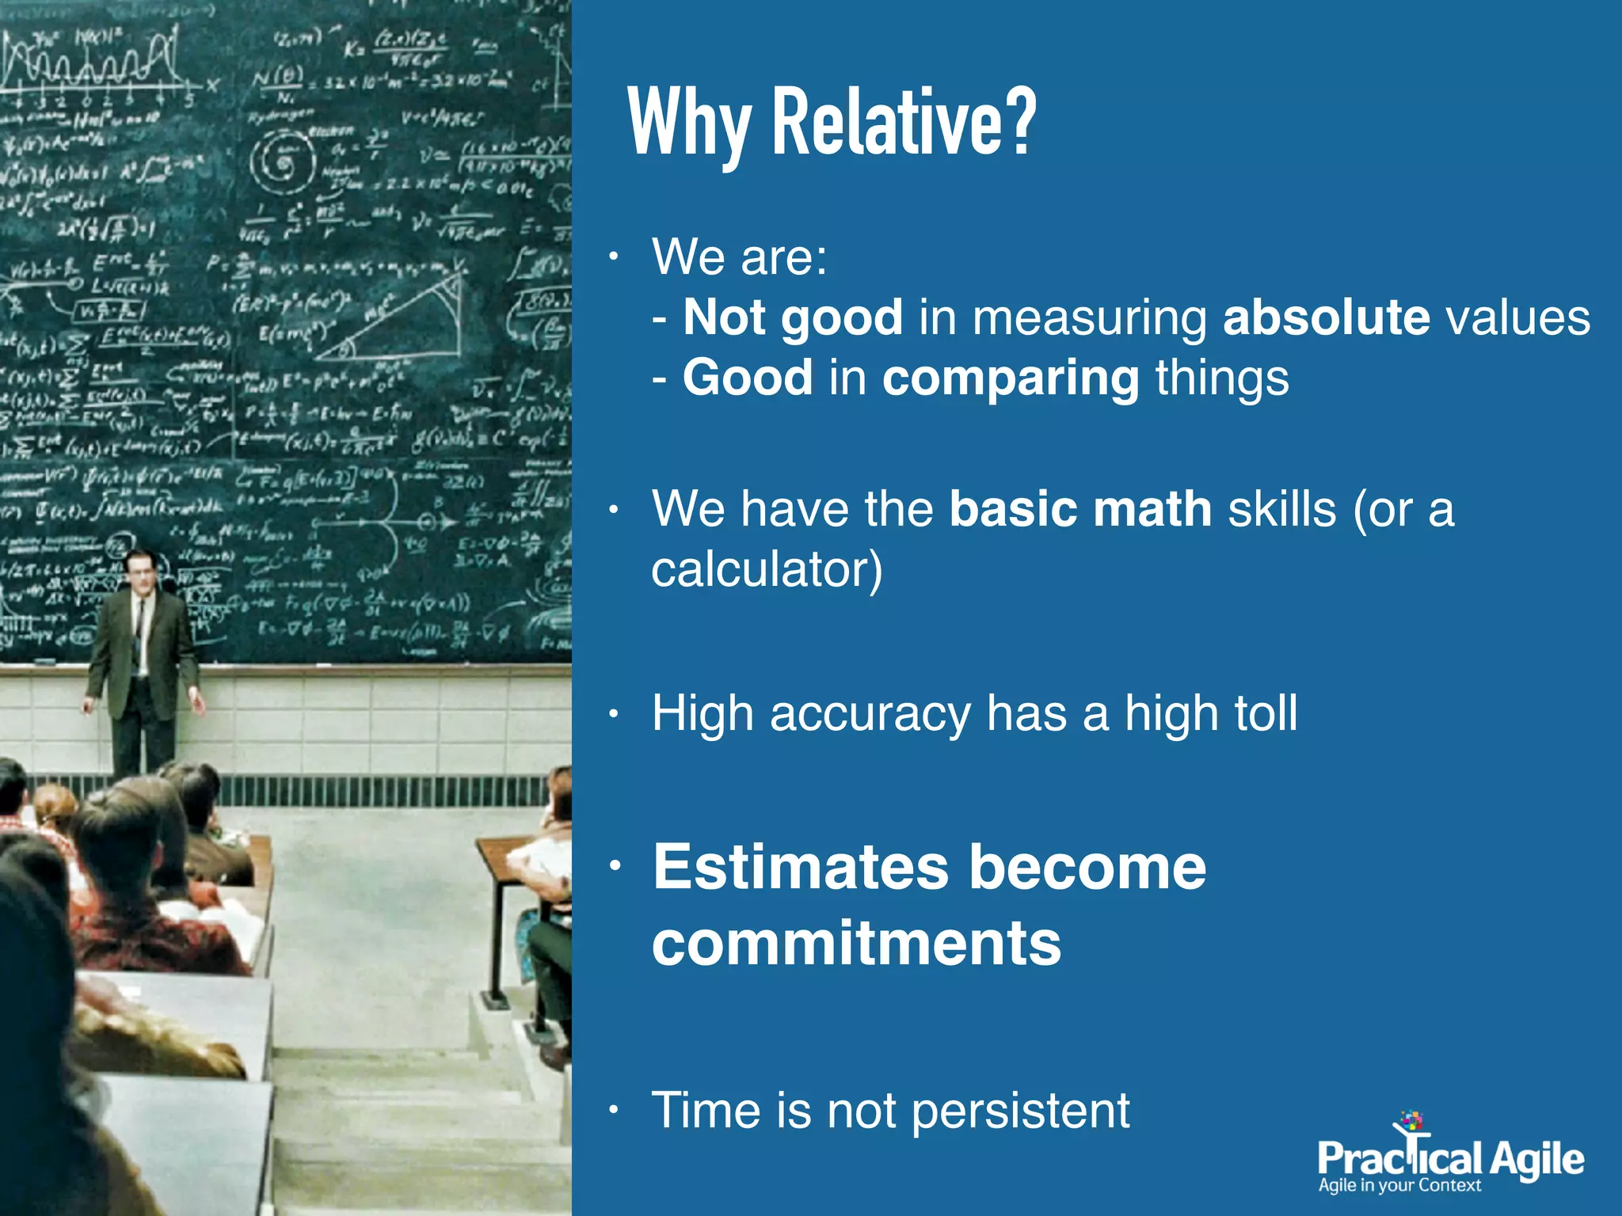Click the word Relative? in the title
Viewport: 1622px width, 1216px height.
tap(903, 123)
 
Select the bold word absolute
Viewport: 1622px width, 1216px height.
tap(1326, 317)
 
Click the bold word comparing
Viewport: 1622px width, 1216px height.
tap(1011, 378)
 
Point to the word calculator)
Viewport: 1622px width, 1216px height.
tap(767, 569)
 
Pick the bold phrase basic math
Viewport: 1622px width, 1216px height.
tap(1080, 508)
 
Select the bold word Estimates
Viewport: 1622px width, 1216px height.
tap(800, 868)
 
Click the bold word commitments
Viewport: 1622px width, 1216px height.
tap(856, 944)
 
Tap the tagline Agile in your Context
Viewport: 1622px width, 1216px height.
tap(1399, 1186)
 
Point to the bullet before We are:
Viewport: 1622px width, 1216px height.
tap(613, 257)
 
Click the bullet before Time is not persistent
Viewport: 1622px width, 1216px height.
tap(613, 1111)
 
